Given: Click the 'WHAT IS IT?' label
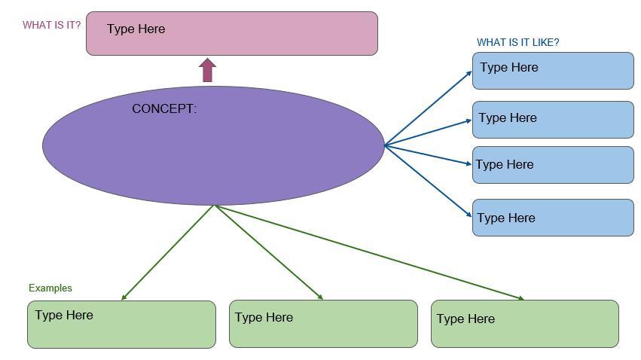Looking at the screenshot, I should pos(51,25).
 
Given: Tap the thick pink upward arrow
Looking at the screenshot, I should pos(207,71).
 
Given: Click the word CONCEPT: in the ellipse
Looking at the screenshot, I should pos(164,108).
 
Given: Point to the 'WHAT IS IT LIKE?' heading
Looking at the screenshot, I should pos(517,42).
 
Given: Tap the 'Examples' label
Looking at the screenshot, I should pos(50,288).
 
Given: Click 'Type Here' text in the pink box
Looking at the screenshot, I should pos(136,29).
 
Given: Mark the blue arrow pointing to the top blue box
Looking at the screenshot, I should pos(428,108).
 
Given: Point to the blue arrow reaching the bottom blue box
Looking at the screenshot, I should pos(428,182).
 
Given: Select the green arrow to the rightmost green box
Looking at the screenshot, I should pos(369,252).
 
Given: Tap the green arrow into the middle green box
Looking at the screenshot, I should pos(269,252).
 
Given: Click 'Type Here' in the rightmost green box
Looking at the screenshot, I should pos(465,319).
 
